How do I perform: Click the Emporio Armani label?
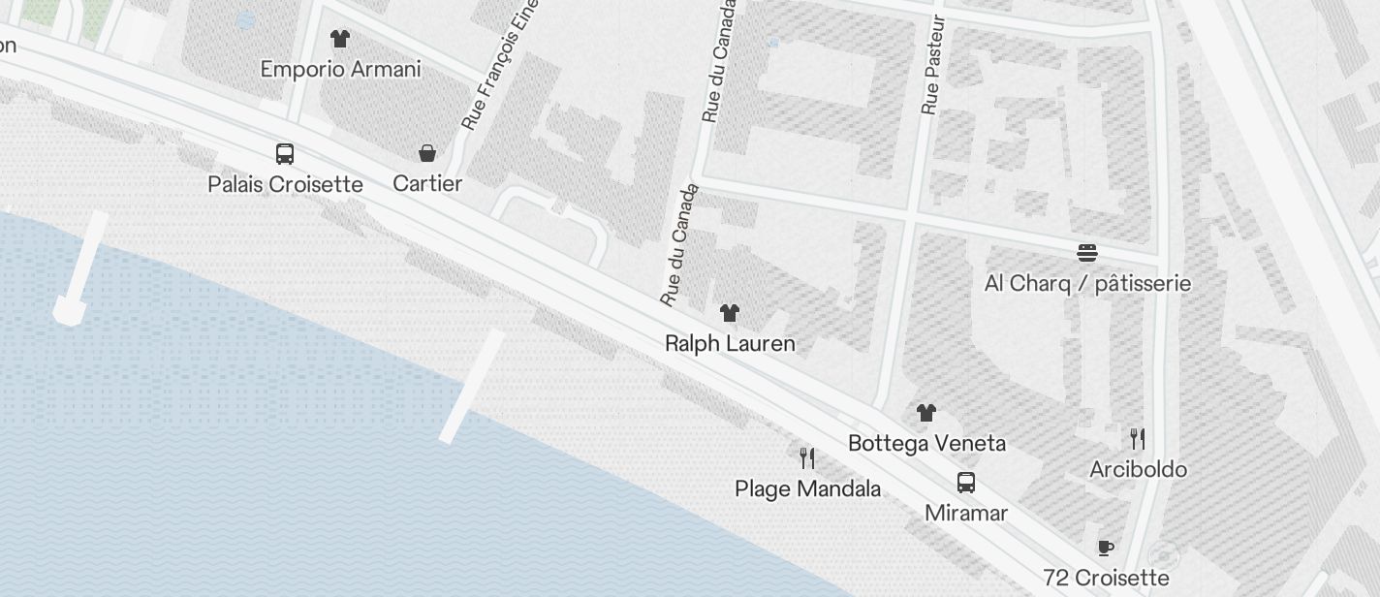pos(340,69)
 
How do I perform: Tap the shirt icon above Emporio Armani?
pos(339,39)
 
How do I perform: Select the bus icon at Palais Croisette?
pos(285,153)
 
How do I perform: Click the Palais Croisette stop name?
pos(285,184)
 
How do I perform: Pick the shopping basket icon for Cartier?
pos(426,153)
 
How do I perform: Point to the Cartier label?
pos(426,183)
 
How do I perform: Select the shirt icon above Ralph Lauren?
pos(730,312)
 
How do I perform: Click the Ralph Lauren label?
pos(730,343)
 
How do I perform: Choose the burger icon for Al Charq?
pos(1087,253)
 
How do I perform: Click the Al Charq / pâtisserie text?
pos(1087,284)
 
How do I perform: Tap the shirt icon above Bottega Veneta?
pos(926,412)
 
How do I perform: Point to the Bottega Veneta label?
pos(926,443)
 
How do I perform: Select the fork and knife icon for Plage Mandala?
pos(807,457)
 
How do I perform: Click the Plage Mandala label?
pos(807,488)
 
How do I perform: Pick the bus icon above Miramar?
pos(966,482)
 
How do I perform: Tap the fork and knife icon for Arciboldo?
pos(1138,438)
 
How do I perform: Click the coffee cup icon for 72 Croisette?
pos(1106,548)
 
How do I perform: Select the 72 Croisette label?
pos(1106,579)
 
